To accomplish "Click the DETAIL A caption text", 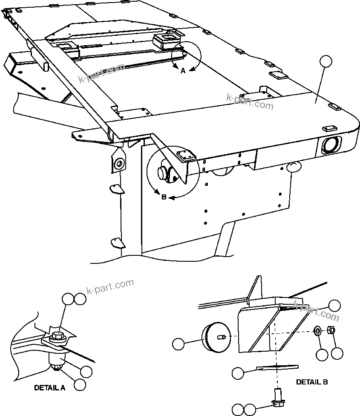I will click(50, 388).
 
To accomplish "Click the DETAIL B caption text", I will click(312, 382).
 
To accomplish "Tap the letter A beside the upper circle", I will click(183, 71).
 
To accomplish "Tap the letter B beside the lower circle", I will click(164, 197).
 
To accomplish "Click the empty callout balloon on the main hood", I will click(326, 62).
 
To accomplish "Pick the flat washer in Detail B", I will click(318, 331).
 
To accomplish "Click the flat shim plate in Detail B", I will click(277, 367).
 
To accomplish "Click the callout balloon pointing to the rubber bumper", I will click(179, 343).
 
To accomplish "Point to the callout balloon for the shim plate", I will click(239, 373).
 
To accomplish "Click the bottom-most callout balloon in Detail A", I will click(79, 385).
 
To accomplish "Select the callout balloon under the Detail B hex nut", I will click(337, 353).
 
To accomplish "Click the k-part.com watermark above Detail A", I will click(110, 286).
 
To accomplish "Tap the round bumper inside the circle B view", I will click(163, 173).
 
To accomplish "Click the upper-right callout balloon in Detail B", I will click(335, 305).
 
